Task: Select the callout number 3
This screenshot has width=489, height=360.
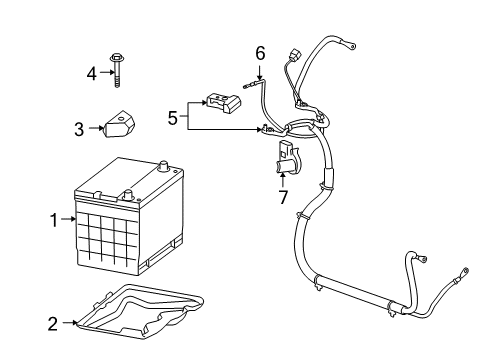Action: pos(80,128)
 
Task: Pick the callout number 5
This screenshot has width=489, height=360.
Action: pos(173,117)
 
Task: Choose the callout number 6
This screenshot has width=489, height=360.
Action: pos(260,53)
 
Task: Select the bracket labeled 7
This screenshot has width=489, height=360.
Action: pos(282,160)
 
